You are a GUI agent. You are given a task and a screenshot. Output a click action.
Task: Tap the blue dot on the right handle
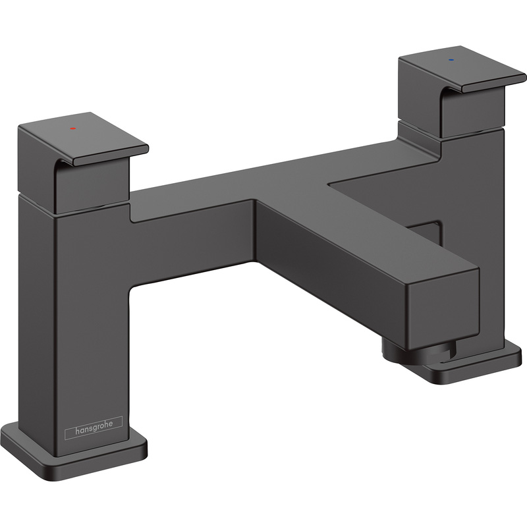[x=451, y=59]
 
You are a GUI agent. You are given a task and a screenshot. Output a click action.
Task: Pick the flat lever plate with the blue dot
[x=461, y=69]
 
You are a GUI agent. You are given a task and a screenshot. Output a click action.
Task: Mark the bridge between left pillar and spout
[x=191, y=224]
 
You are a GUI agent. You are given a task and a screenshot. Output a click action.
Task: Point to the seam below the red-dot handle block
[x=86, y=209]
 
